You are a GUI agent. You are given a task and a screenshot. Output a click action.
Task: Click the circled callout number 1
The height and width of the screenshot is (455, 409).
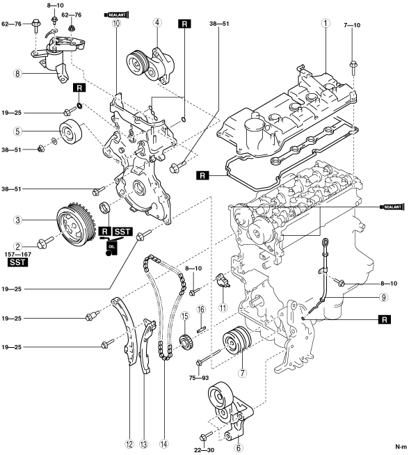(326, 23)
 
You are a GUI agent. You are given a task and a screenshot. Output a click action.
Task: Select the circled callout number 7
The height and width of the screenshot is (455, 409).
(242, 373)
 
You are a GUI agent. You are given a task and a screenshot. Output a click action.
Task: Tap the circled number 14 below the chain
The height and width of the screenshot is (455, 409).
(163, 444)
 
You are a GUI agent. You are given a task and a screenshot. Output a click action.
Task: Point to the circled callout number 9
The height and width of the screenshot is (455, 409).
(383, 297)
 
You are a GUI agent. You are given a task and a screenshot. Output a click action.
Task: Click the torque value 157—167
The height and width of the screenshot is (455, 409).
(17, 255)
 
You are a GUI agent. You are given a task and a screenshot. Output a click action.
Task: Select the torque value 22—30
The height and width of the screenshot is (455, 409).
(204, 450)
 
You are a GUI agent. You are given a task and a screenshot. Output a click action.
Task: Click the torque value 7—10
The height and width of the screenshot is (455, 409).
(352, 25)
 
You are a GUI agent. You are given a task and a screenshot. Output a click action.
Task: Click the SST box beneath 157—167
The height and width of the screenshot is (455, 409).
(17, 262)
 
